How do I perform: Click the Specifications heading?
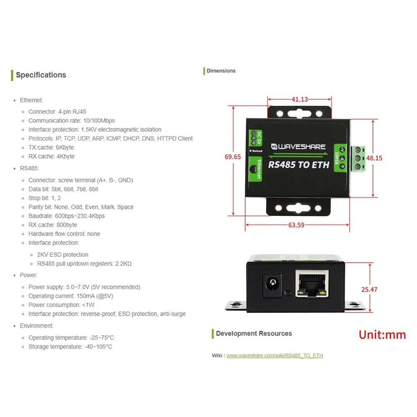[x=41, y=75]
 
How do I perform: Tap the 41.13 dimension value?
[x=299, y=99]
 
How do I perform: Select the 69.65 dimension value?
[x=233, y=157]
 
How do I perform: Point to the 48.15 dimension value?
[x=374, y=158]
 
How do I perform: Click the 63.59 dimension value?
[x=296, y=225]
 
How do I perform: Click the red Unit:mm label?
[x=382, y=335]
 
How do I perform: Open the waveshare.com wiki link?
[x=274, y=355]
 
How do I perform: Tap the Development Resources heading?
[x=254, y=334]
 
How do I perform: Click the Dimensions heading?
[x=221, y=71]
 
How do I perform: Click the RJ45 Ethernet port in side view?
[x=311, y=284]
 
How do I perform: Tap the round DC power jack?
[x=271, y=285]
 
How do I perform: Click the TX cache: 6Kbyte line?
[x=51, y=148]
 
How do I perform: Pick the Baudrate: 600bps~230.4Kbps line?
[x=66, y=216]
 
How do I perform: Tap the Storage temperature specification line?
[x=70, y=347]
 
